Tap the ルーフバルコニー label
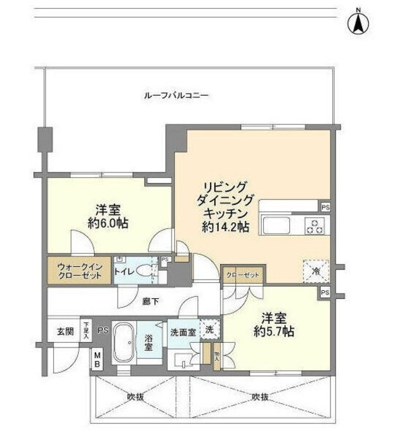click(x=176, y=96)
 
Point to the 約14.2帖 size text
click(x=225, y=228)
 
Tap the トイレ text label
click(x=123, y=271)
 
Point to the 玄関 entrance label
click(x=65, y=332)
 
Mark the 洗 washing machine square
click(x=210, y=329)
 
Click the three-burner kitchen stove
click(x=315, y=226)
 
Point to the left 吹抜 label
click(x=137, y=397)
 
